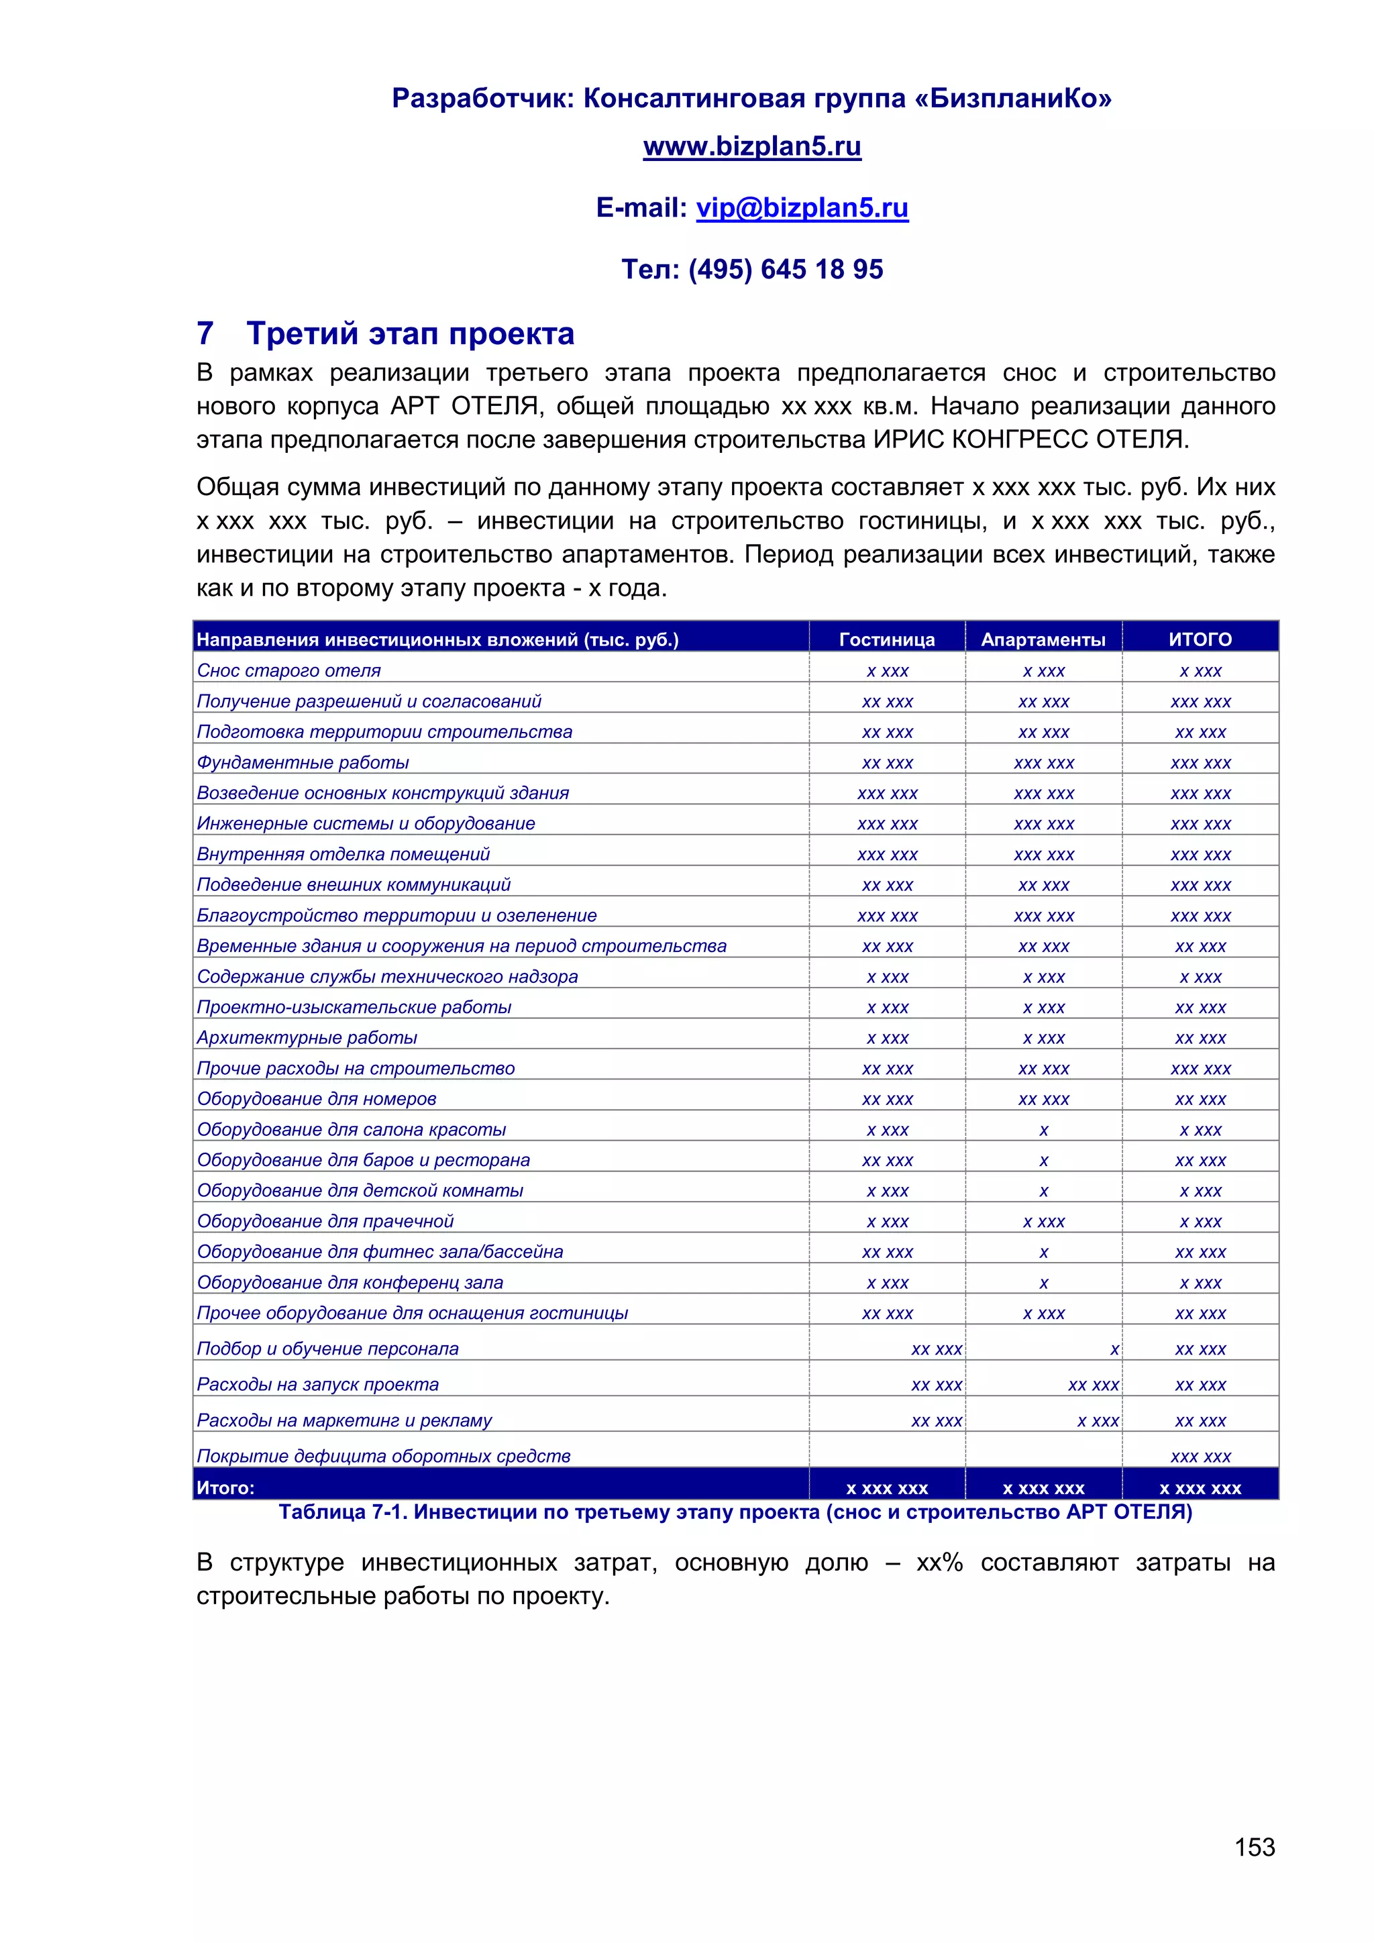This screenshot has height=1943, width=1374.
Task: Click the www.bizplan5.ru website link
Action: tap(751, 146)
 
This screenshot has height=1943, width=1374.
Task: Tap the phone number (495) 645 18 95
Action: tap(785, 269)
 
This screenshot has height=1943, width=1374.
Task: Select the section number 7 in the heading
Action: tap(205, 333)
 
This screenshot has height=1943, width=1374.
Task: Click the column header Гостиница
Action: tap(887, 640)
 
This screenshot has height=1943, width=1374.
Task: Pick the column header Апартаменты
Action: tap(1043, 640)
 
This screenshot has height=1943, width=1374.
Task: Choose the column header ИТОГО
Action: tap(1200, 640)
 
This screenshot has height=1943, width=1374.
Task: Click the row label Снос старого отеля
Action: tap(288, 670)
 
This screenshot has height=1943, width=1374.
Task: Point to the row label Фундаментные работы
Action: tap(303, 762)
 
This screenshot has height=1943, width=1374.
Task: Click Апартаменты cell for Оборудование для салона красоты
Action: tap(1043, 1130)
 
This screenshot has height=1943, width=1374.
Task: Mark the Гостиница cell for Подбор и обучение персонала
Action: tap(936, 1349)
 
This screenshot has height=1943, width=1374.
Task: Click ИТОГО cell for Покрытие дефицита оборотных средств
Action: tap(1200, 1457)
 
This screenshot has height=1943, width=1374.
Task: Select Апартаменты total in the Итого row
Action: tap(1043, 1489)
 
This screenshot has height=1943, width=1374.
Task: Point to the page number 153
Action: tap(1254, 1847)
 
